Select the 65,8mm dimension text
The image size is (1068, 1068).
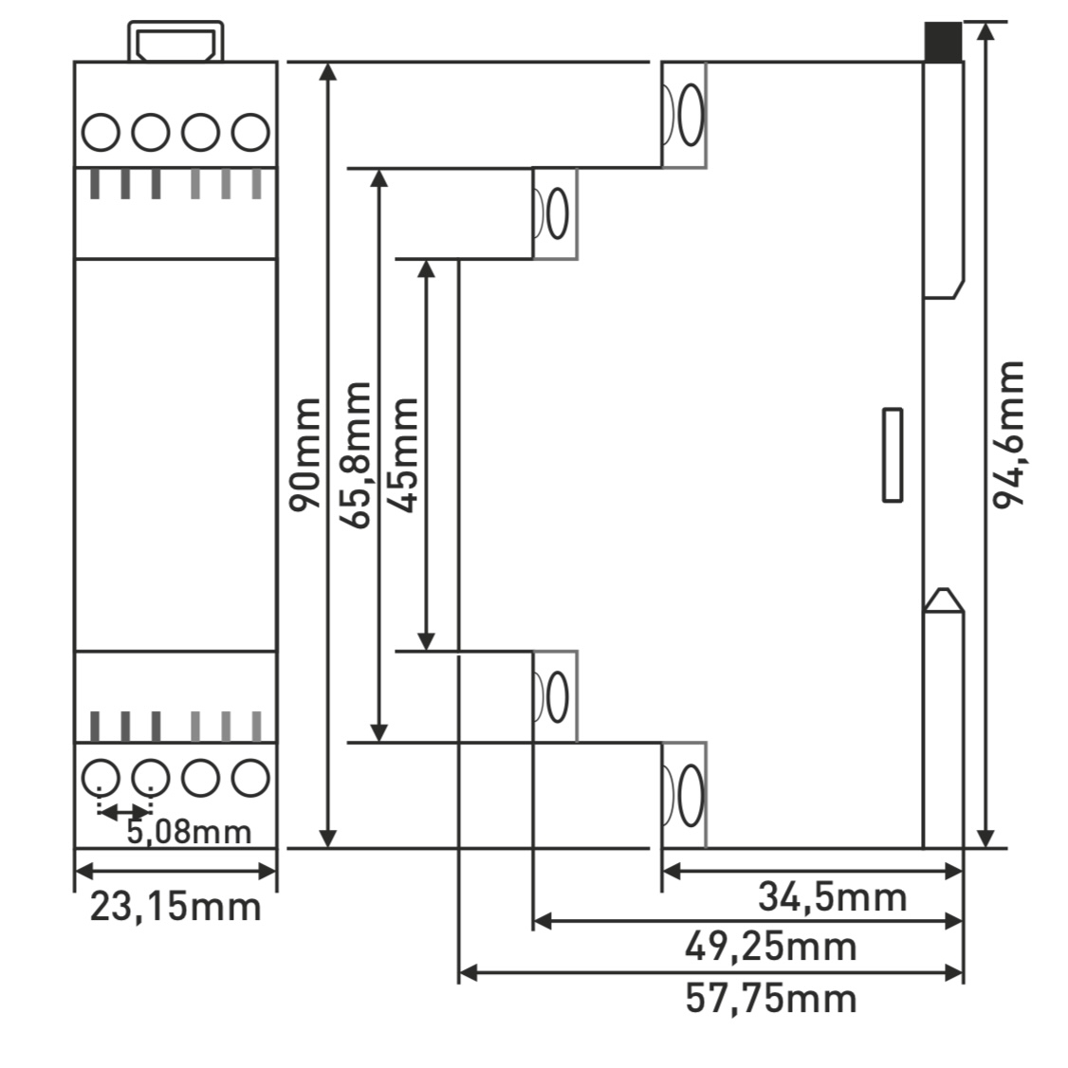click(x=358, y=455)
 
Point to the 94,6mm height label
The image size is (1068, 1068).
click(x=1008, y=433)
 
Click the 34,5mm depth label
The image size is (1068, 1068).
click(x=832, y=895)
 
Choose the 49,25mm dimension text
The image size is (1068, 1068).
click(x=770, y=946)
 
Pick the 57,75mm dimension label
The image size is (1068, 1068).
click(x=770, y=999)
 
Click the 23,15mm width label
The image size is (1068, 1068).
click(x=175, y=907)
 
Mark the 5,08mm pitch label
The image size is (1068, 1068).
click(x=189, y=832)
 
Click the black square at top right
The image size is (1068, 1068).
click(x=943, y=42)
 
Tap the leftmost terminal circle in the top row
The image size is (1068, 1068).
click(x=100, y=133)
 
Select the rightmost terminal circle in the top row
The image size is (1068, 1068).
click(x=250, y=133)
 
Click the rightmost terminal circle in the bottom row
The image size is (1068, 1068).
click(x=250, y=778)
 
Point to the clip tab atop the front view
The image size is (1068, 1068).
click(x=177, y=44)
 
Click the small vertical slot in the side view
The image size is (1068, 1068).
click(x=892, y=455)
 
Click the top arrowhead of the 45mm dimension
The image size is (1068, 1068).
click(x=427, y=267)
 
